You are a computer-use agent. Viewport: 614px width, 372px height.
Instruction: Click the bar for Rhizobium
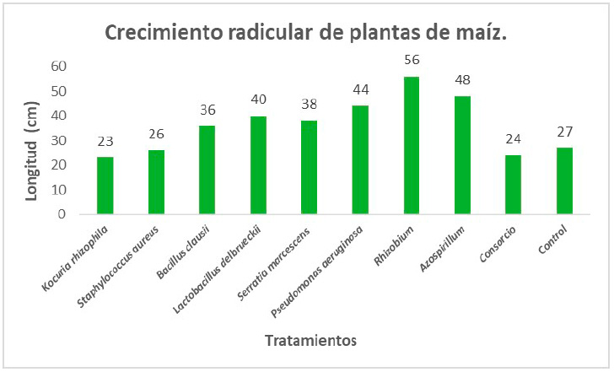412,145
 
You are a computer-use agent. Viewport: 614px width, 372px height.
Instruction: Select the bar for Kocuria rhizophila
105,186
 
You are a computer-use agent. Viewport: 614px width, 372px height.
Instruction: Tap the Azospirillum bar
462,155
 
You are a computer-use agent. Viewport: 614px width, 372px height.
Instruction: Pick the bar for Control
564,181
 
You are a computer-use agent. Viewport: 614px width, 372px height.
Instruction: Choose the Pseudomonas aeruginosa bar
360,159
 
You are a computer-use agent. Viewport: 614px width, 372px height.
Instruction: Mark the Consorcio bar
514,185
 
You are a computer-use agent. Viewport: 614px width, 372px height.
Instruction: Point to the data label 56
412,60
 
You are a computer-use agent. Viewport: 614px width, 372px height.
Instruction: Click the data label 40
259,100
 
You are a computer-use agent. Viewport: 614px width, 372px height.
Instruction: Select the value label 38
310,105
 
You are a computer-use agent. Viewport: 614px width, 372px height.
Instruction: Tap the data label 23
105,142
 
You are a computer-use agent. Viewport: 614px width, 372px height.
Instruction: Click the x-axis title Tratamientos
310,341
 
